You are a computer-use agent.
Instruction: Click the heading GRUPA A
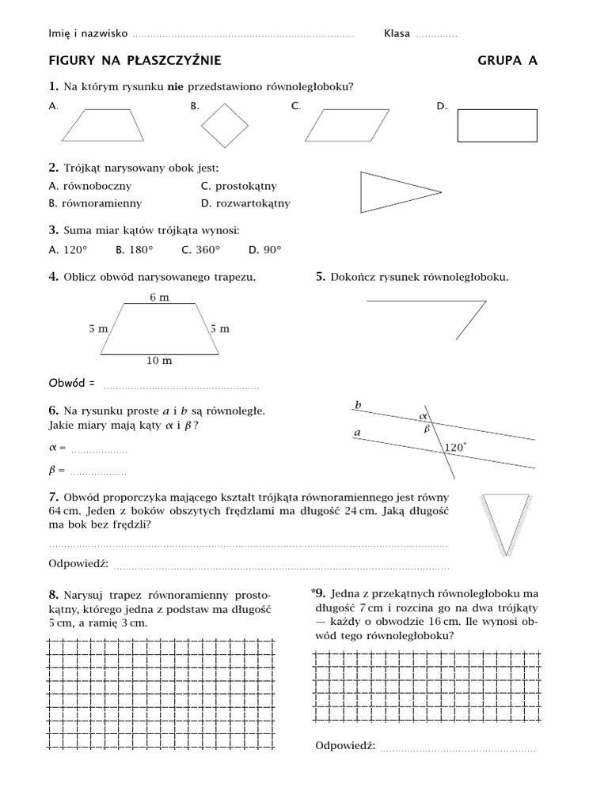[x=507, y=60]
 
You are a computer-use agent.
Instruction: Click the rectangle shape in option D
[x=497, y=126]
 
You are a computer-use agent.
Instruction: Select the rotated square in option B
[x=225, y=125]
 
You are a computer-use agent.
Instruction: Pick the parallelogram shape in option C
[x=341, y=125]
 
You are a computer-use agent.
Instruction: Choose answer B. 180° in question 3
[x=134, y=250]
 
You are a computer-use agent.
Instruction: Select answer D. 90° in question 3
[x=264, y=250]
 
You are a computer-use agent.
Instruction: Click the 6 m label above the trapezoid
[x=159, y=297]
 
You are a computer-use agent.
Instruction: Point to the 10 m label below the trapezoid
[x=159, y=361]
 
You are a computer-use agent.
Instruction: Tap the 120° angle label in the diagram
[x=455, y=448]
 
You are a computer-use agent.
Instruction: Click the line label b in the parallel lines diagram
[x=358, y=405]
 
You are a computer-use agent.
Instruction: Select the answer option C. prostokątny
[x=239, y=186]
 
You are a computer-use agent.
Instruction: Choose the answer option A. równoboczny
[x=89, y=186]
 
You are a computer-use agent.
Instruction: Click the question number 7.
[x=53, y=497]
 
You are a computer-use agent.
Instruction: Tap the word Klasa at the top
[x=397, y=34]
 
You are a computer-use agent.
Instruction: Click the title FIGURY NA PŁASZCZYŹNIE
[x=135, y=60]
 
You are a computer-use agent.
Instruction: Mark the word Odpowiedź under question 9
[x=345, y=746]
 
